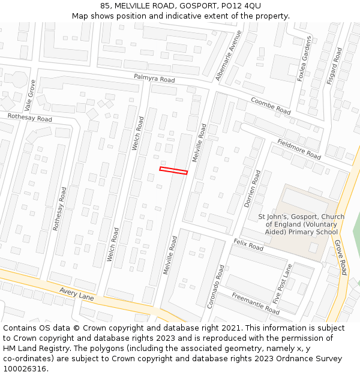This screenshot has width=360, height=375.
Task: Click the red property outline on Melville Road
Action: tap(173, 171)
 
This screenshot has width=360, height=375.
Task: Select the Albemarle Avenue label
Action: tap(229, 56)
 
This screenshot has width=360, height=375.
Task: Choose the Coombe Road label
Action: tap(271, 106)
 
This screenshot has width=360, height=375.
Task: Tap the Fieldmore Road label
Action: tap(299, 149)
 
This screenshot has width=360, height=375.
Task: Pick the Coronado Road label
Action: tap(217, 287)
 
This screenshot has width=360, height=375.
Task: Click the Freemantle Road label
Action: tap(256, 303)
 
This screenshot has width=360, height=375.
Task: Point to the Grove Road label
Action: tap(340, 257)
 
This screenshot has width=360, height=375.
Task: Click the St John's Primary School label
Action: tap(301, 224)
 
